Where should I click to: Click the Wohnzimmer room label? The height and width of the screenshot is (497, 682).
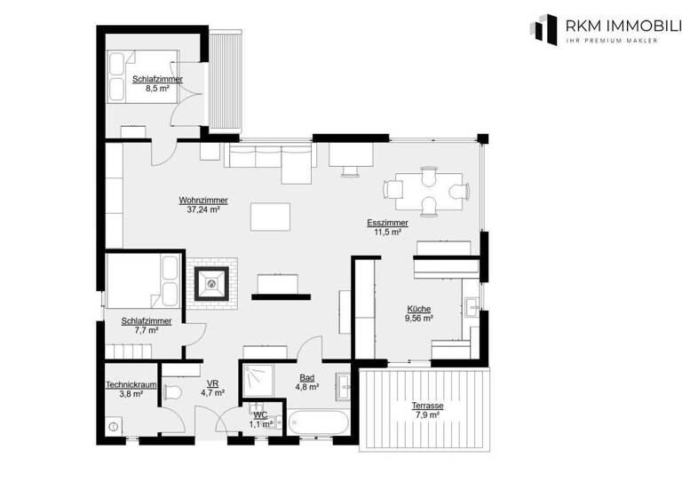click(203, 201)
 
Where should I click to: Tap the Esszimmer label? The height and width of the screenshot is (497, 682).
click(387, 223)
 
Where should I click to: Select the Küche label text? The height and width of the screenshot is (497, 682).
click(419, 308)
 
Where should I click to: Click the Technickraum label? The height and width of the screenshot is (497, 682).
click(131, 384)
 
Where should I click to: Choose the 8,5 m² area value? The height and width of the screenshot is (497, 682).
click(157, 89)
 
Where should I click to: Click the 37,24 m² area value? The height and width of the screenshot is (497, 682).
click(203, 210)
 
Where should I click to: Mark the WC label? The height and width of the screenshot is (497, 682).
click(260, 414)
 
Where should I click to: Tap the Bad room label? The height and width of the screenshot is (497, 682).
click(305, 377)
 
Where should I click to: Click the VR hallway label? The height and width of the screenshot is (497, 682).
click(212, 383)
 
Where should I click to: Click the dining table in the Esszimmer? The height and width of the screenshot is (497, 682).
click(425, 190)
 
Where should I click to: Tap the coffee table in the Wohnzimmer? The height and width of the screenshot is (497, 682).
click(271, 217)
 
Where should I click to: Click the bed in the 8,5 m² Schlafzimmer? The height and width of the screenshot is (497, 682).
click(123, 78)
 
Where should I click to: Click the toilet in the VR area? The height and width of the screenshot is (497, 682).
click(174, 391)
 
